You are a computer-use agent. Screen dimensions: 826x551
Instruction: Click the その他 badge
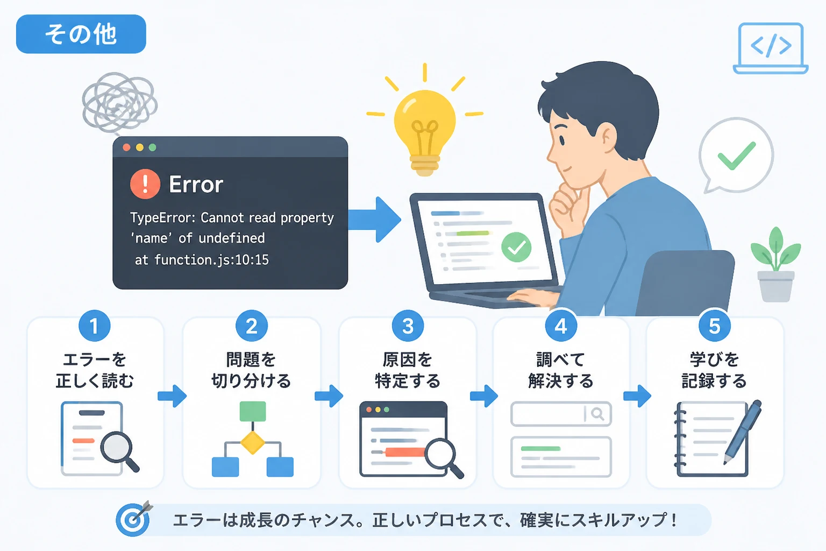tap(81, 34)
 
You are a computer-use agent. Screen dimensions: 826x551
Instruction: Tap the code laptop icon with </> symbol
tap(771, 48)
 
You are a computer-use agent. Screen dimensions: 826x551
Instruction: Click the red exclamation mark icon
tap(145, 184)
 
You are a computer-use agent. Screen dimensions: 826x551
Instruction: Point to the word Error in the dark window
tap(196, 184)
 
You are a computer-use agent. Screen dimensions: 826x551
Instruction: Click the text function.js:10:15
tap(212, 260)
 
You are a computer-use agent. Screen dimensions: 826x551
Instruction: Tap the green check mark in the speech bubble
tap(736, 156)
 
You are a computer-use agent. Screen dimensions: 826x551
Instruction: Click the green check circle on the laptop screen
tap(516, 248)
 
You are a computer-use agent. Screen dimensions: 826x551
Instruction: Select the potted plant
tap(776, 264)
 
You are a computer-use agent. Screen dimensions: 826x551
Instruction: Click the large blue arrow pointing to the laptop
tap(375, 220)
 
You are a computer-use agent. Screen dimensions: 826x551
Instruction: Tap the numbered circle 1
tap(95, 326)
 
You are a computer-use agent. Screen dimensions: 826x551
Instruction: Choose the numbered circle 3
tap(408, 326)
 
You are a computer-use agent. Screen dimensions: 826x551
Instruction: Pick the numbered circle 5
tap(715, 326)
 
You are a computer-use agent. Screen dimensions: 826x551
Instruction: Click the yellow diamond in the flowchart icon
tap(253, 442)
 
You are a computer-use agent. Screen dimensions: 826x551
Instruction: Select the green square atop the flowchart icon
tap(253, 411)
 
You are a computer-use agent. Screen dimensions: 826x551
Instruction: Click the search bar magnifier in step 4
tap(597, 414)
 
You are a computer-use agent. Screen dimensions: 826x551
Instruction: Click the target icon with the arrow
tap(134, 518)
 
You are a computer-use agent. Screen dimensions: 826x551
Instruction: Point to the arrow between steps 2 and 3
tap(329, 396)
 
